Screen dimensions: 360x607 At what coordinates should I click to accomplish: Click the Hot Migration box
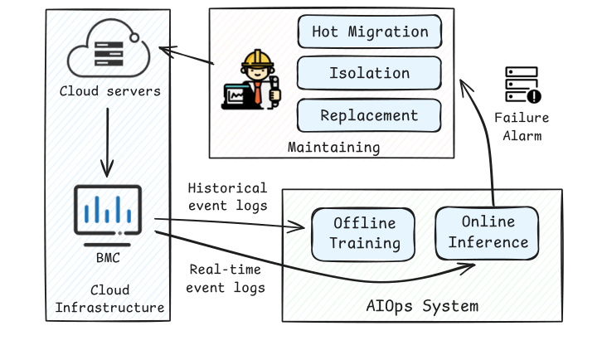(370, 32)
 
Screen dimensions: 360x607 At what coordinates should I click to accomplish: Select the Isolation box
(370, 73)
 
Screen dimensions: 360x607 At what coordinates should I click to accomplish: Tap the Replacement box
(370, 115)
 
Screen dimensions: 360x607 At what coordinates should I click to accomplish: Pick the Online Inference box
(487, 231)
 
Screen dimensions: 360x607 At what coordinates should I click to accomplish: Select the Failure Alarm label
(522, 126)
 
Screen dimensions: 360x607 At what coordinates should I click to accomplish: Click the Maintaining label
(333, 148)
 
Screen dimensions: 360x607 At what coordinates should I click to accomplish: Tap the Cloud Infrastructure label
(109, 299)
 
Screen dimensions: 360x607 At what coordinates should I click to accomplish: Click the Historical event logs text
(227, 197)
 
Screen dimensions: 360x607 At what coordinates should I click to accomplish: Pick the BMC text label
(108, 257)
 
